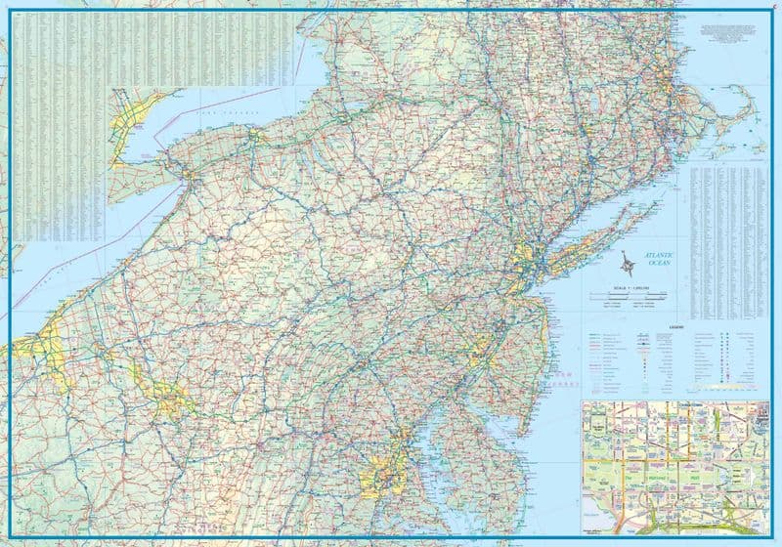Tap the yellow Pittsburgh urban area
tap(172, 398)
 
